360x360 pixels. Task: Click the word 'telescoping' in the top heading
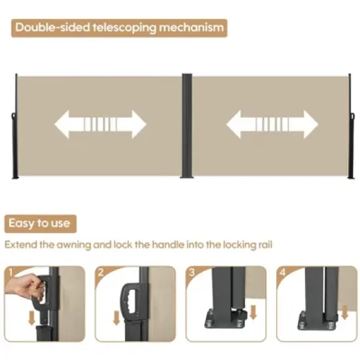[x=124, y=27]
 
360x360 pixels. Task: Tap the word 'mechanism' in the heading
[x=191, y=27]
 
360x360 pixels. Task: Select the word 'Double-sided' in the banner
[x=52, y=27]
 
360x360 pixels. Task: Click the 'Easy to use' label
[x=39, y=223]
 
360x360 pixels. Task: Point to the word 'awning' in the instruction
[x=74, y=245]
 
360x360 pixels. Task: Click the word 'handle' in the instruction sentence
[x=168, y=245]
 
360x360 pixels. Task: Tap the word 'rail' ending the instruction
[x=266, y=245]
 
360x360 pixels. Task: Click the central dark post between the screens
[x=187, y=126]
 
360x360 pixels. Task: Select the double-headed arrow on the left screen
[x=100, y=124]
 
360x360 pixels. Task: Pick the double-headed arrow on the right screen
[x=272, y=124]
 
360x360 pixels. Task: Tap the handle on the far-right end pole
[x=352, y=116]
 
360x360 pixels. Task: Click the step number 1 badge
[x=10, y=272]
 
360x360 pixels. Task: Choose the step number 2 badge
[x=101, y=272]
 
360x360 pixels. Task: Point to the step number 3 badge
[x=192, y=272]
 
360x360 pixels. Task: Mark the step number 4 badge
[x=283, y=272]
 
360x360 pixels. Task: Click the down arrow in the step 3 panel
[x=253, y=312]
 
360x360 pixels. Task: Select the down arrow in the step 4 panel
[x=344, y=312]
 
